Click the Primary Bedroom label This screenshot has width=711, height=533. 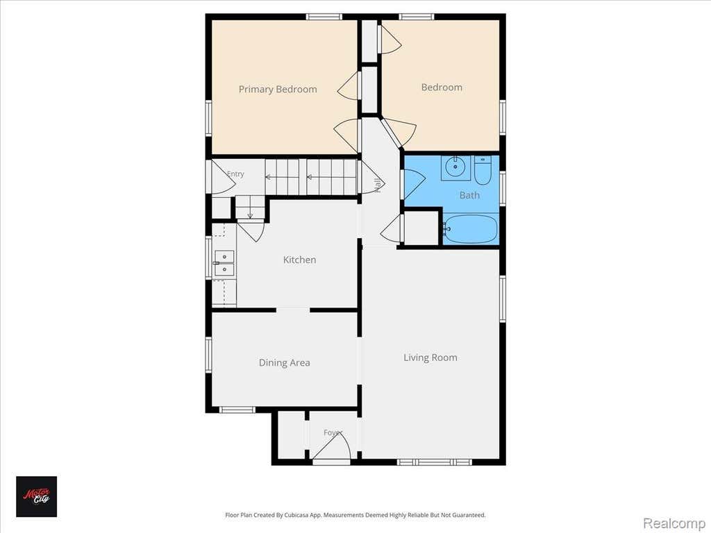(278, 90)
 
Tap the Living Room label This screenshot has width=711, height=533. (430, 357)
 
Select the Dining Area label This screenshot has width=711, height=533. (284, 362)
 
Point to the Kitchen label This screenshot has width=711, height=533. (299, 260)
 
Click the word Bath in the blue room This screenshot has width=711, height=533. (469, 195)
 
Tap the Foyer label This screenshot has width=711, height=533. (333, 432)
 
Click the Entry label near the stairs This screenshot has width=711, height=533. (235, 174)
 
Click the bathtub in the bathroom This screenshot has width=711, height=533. (470, 229)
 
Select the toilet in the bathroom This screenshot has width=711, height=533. (483, 170)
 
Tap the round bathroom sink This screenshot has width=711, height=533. (455, 167)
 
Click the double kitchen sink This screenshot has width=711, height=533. (224, 263)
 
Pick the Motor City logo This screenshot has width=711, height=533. (37, 496)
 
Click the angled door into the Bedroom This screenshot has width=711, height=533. (398, 133)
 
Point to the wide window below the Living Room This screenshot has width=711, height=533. (435, 462)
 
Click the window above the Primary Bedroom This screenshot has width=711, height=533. (324, 17)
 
